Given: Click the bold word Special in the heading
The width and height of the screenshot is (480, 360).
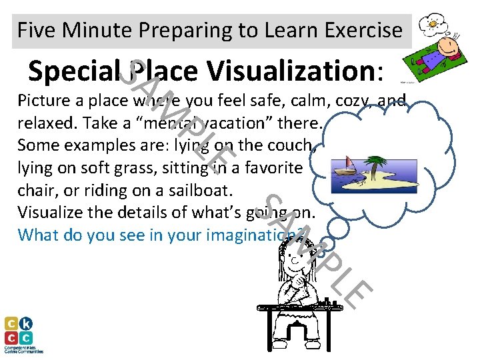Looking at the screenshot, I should tap(74, 71).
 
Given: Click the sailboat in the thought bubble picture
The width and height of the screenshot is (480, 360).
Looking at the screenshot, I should tap(349, 165).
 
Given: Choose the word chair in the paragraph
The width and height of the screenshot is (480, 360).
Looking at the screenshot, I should tap(33, 190).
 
